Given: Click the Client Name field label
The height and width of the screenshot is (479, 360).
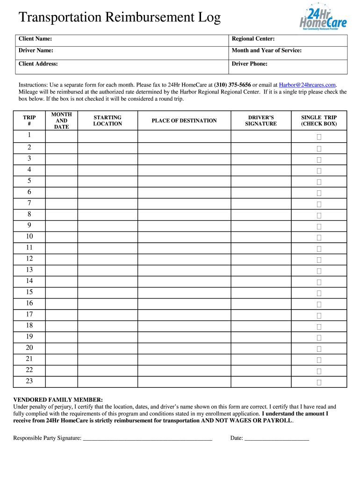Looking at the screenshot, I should point(35,39).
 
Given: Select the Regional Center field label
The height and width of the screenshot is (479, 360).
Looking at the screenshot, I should point(253,39).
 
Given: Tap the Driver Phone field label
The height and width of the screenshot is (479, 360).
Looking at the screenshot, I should point(250,64).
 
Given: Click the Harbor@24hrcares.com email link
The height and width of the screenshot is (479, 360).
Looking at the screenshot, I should point(307,85).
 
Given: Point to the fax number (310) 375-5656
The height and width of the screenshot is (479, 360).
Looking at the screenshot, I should point(232,85).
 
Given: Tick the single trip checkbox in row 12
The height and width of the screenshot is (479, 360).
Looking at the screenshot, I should point(319,260).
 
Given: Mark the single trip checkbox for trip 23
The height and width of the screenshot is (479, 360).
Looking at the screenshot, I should point(319,382).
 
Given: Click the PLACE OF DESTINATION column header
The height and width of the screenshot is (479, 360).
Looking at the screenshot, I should point(184,121).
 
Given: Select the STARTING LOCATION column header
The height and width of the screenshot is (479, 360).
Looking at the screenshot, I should point(108,121).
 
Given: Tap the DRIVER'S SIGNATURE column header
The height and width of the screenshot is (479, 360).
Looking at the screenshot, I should point(261,121).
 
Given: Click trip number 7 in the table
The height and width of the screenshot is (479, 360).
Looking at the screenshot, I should point(29,203).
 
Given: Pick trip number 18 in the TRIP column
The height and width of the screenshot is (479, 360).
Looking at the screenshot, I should point(29,325).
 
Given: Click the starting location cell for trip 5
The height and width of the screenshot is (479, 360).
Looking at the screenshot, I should point(108,181).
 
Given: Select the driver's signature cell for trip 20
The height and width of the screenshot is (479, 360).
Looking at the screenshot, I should point(261,348).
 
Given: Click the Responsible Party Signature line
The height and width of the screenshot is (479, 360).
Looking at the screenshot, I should point(147,439).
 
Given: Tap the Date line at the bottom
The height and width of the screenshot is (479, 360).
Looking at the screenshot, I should point(276,439).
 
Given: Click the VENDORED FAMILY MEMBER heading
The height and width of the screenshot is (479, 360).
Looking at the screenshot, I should point(58,400).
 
